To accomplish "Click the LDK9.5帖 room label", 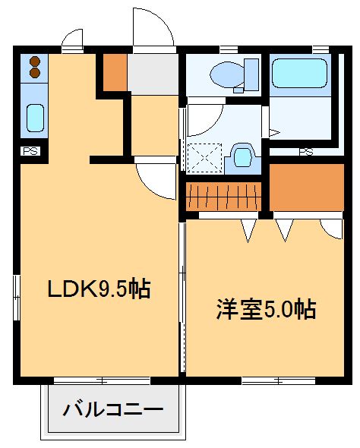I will [98, 289].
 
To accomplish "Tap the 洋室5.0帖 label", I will [265, 309].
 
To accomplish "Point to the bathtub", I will [302, 74].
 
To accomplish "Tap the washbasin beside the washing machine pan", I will [242, 156].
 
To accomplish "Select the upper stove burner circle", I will [34, 62].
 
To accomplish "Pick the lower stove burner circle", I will [34, 73].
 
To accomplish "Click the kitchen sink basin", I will [35, 118].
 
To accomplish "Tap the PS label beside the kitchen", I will [31, 151].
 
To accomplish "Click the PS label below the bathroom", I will [306, 152].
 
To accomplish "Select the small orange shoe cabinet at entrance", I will [114, 72].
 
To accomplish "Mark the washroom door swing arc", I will [204, 121].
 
